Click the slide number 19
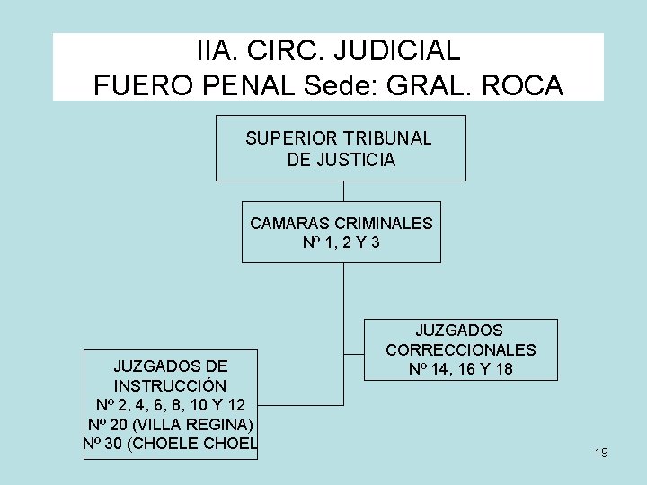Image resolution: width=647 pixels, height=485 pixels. [601, 453]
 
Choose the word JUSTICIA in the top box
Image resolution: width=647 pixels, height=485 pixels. [355, 160]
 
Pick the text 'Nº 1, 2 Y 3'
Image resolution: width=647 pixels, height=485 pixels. [341, 242]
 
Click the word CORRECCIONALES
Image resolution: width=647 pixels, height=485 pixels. [461, 349]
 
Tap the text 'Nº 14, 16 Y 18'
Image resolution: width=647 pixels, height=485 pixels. [461, 368]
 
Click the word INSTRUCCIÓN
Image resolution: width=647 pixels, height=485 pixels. [170, 385]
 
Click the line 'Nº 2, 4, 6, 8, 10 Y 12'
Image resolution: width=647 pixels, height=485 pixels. [170, 404]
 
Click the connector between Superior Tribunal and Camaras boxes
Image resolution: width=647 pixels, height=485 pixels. [343, 191]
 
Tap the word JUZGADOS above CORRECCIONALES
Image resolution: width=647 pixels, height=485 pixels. [460, 331]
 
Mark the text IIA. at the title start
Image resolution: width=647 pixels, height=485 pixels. [218, 48]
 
